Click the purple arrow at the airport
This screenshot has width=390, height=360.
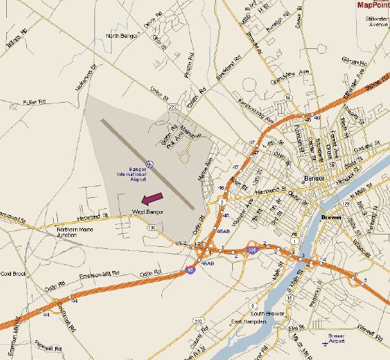[154, 200]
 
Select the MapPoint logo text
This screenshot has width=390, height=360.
[373, 5]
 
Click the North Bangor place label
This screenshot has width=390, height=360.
[122, 35]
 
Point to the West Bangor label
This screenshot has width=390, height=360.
[147, 212]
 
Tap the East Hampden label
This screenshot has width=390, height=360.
[247, 322]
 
